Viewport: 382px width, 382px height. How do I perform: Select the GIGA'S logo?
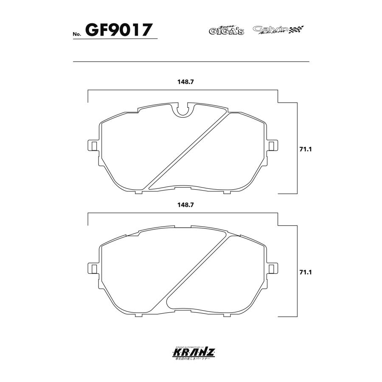click(x=226, y=30)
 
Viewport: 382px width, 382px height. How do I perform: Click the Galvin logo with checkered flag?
click(x=278, y=30)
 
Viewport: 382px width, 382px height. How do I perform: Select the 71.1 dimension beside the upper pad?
click(x=306, y=149)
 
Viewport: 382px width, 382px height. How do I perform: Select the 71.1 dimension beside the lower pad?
click(x=306, y=272)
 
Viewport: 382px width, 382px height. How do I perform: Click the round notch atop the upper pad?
click(x=183, y=110)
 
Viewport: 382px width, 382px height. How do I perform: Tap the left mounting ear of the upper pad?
click(x=92, y=145)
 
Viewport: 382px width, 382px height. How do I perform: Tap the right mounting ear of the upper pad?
click(x=274, y=145)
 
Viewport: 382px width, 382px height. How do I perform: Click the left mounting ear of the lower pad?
click(x=92, y=268)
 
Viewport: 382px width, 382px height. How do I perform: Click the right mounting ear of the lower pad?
click(x=274, y=268)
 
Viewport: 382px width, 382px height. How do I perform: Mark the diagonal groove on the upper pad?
click(x=187, y=151)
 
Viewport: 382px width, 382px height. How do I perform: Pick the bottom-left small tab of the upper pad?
click(x=138, y=192)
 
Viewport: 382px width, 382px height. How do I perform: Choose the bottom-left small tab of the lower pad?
click(x=138, y=315)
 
